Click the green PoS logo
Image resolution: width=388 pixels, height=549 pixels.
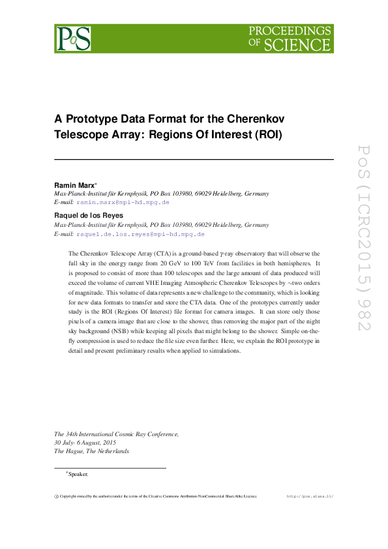[72, 38]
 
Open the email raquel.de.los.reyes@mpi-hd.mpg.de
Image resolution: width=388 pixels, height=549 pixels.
[140, 233]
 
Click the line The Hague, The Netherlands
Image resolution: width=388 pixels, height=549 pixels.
[91, 451]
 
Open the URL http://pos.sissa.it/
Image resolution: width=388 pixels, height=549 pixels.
[310, 496]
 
